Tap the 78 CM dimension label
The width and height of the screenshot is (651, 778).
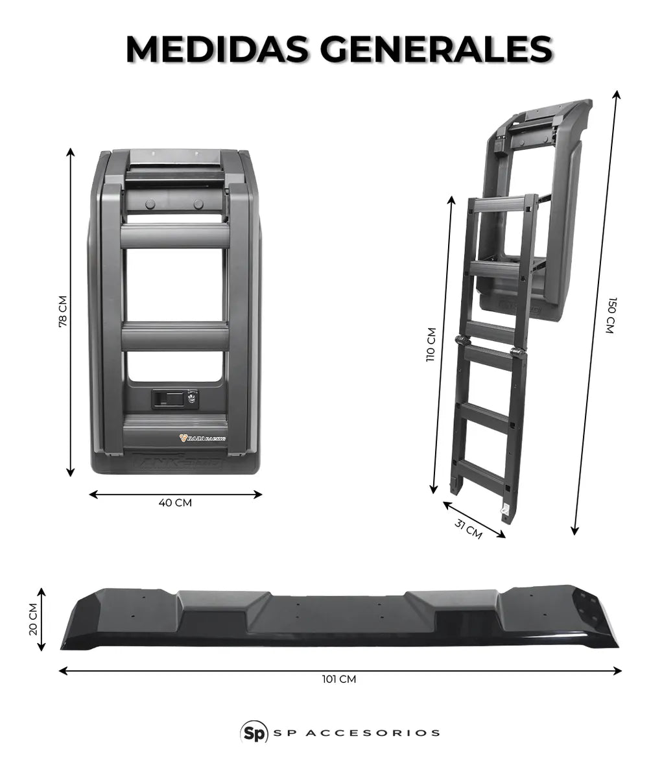pos(63,312)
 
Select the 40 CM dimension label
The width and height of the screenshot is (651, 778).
pos(175,503)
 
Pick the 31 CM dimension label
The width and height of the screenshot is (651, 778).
pos(468,529)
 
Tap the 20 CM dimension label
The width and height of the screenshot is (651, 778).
pos(34,619)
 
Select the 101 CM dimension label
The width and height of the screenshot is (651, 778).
pos(339,679)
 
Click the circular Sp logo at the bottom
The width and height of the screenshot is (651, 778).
pos(254,733)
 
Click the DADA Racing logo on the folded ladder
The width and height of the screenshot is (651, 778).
pos(202,438)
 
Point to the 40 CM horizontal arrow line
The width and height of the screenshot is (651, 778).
pos(175,494)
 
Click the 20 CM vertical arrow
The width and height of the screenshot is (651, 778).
pos(41,619)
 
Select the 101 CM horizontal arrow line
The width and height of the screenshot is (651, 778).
pos(340,670)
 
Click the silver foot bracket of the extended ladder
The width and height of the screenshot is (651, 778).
pos(504,510)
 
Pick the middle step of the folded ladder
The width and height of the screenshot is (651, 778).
pos(175,336)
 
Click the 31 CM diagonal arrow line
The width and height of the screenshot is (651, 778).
pos(474,519)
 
